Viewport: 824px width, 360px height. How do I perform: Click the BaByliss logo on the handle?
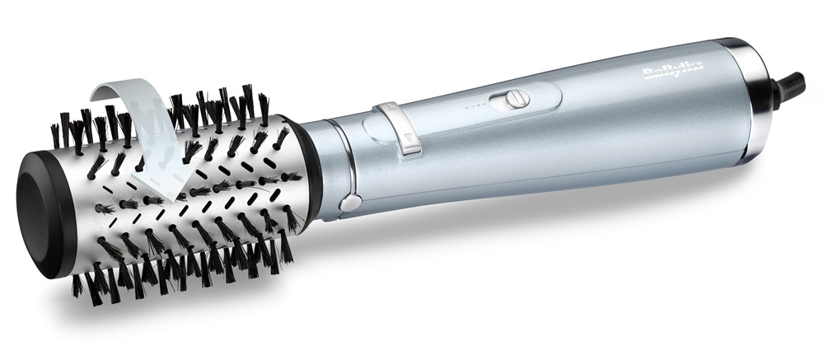coord(672,70)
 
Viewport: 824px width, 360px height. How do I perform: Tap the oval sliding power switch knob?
coord(516,100)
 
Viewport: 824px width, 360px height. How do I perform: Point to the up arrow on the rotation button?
coord(391,107)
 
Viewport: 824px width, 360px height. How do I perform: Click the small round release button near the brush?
coord(350,203)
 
